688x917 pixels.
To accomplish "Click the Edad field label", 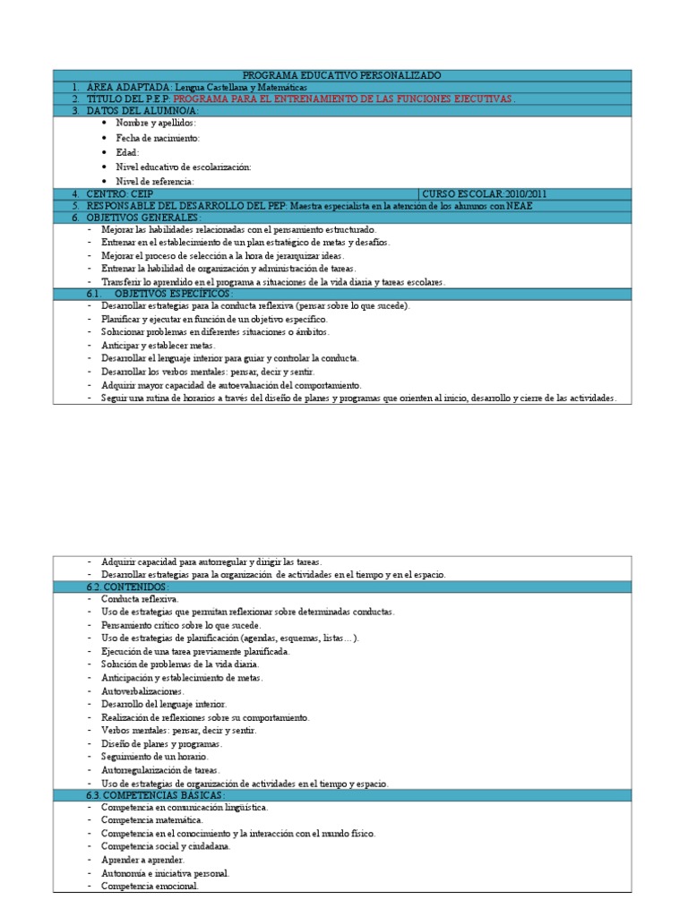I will click(x=128, y=152).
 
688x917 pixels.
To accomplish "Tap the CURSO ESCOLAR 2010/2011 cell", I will click(x=497, y=193).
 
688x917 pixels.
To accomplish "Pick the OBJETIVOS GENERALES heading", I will click(x=143, y=217).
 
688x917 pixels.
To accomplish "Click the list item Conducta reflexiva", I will click(x=140, y=598).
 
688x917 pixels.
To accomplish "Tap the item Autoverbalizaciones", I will click(x=142, y=691).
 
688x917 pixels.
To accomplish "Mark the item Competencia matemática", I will click(x=151, y=819).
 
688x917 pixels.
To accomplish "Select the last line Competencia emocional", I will click(x=150, y=887).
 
